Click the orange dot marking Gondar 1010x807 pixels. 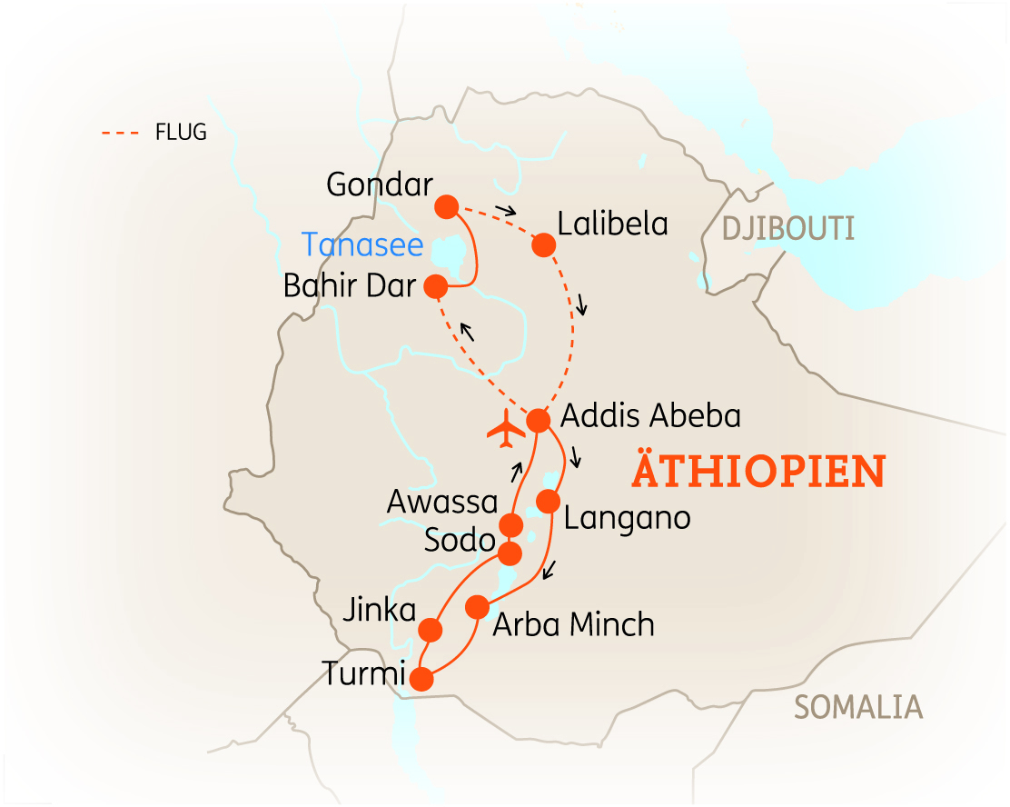[x=446, y=207]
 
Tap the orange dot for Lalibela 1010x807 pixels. [x=543, y=244]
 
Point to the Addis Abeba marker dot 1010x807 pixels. [x=539, y=421]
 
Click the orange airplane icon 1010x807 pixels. [x=506, y=429]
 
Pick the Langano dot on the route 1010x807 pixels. [x=548, y=501]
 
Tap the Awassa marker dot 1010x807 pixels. [x=511, y=525]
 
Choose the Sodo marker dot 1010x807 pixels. [x=510, y=553]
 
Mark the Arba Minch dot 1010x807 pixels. [x=477, y=606]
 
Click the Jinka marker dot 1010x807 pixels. [x=430, y=629]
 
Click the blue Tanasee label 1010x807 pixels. [x=362, y=244]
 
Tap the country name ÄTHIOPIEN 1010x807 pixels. [x=757, y=471]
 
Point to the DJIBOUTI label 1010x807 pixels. [x=788, y=228]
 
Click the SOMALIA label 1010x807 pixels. [x=858, y=706]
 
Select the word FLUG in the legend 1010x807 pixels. [x=182, y=133]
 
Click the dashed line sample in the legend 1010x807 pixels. [x=120, y=133]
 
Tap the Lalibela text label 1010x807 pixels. [x=613, y=224]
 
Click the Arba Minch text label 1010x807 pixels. [x=573, y=625]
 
